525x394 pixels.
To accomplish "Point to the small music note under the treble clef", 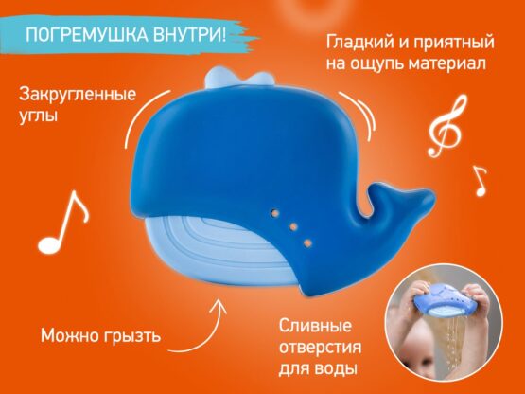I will click(x=478, y=179).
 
